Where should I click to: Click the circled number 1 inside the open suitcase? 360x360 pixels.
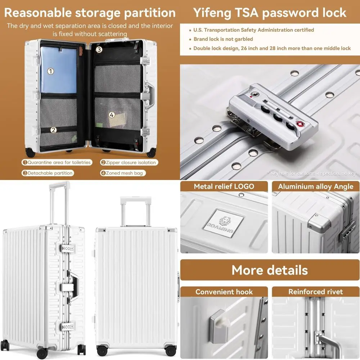click(51, 71)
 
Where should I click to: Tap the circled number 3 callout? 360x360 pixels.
click(99, 50)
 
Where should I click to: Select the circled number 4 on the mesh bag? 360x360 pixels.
click(112, 115)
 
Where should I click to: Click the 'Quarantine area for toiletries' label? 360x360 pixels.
click(57, 162)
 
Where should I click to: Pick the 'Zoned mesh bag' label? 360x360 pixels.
click(122, 173)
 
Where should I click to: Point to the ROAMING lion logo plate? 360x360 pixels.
click(226, 223)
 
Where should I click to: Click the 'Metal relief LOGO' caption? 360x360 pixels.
click(224, 186)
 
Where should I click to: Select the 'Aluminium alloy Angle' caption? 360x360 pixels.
click(315, 186)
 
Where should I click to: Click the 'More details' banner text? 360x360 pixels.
click(270, 270)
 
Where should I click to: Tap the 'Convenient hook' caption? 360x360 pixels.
click(224, 292)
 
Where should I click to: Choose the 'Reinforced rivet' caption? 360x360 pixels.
click(315, 292)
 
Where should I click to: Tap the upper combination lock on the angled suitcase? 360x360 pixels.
click(68, 249)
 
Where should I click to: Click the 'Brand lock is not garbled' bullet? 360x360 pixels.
click(223, 39)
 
